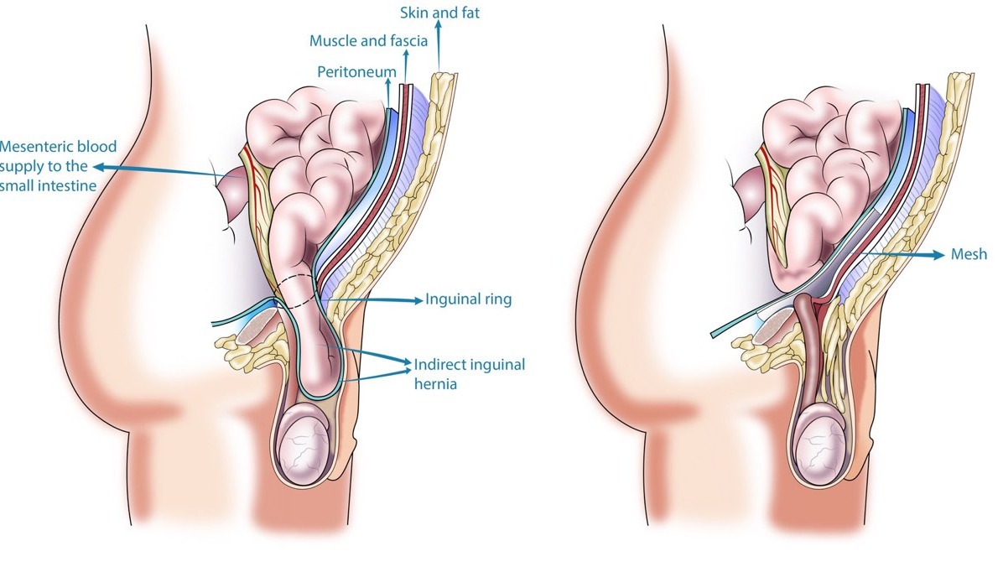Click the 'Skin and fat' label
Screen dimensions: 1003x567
coord(439,13)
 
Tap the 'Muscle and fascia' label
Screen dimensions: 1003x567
coord(368,41)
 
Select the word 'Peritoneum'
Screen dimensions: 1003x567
coord(356,71)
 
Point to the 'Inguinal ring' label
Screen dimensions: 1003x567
coord(468,299)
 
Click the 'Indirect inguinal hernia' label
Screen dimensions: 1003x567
coord(469,374)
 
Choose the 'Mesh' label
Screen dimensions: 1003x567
coord(969,254)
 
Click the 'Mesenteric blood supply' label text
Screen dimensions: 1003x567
coord(58,166)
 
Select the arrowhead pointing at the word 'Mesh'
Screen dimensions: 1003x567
coord(939,255)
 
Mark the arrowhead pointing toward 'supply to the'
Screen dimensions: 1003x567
coord(98,166)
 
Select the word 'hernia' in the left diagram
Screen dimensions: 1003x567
coord(435,384)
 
